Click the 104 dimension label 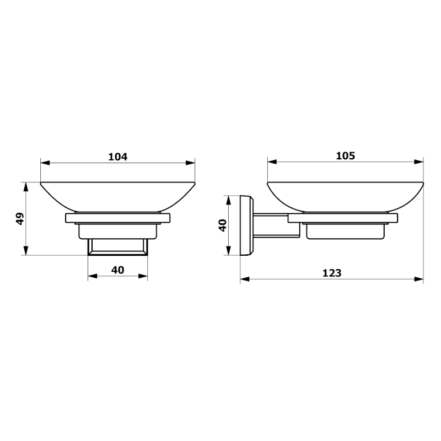(118, 157)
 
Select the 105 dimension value (346, 155)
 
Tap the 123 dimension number (332, 273)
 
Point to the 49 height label (20, 218)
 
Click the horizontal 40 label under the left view (117, 270)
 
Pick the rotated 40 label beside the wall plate (223, 225)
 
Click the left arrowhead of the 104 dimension (45, 163)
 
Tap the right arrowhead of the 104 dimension (190, 163)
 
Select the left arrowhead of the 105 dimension (272, 162)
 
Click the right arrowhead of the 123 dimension (419, 279)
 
